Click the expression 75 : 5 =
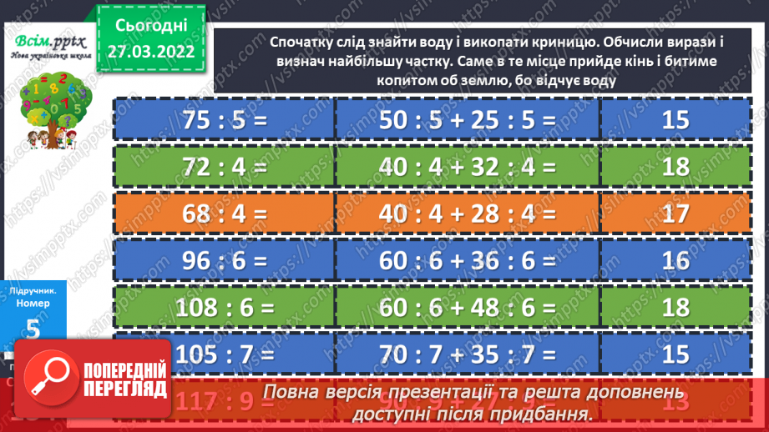[224, 119]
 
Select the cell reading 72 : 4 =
[224, 167]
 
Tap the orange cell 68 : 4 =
[224, 213]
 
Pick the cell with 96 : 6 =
[224, 261]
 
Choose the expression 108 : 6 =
[224, 309]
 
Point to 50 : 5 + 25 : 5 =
[467, 119]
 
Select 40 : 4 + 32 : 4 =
[467, 167]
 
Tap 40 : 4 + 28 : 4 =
[467, 213]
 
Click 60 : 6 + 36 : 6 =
[467, 261]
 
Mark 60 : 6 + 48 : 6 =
[467, 309]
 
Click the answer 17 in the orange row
[675, 213]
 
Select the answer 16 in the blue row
[675, 261]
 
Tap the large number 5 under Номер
[33, 328]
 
